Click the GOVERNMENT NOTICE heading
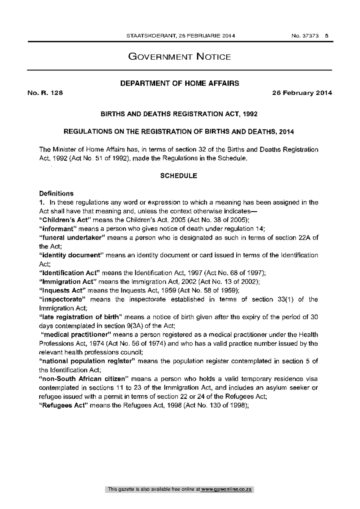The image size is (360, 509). point(180,57)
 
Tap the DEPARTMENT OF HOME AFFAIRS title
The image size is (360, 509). point(180,83)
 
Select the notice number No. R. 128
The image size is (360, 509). point(45,93)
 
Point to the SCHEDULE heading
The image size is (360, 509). point(179,176)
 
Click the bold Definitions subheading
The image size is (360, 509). point(56,193)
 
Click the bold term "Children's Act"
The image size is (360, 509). point(65,220)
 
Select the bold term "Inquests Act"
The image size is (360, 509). point(63,290)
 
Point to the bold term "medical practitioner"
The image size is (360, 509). point(76,335)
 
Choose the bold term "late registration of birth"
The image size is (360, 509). point(80,317)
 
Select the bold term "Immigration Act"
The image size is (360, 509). point(67,282)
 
